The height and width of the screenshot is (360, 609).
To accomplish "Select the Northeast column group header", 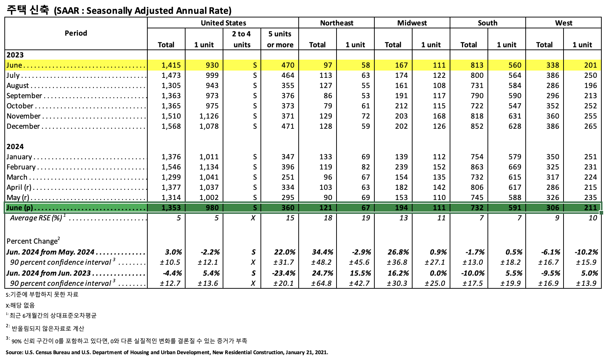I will click(337, 23).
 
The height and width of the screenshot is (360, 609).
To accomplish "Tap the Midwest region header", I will click(412, 23).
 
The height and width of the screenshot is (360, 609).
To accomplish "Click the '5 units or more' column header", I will click(280, 39).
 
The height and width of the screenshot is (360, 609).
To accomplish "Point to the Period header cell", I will click(76, 33).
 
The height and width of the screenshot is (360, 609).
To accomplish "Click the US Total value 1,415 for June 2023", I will click(171, 65).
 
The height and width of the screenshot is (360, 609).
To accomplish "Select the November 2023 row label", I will click(24, 116).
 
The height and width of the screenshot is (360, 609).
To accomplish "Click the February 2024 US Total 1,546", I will click(171, 167).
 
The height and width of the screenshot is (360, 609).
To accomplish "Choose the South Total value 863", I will click(477, 167).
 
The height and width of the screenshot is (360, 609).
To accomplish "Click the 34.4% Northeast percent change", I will click(322, 252).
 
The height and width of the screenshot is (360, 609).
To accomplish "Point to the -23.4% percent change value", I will click(284, 273).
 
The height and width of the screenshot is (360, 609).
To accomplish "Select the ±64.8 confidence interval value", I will click(321, 283).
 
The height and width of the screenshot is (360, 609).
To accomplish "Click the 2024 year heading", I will click(15, 147).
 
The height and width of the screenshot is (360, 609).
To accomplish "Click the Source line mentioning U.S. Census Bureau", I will click(167, 352).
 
